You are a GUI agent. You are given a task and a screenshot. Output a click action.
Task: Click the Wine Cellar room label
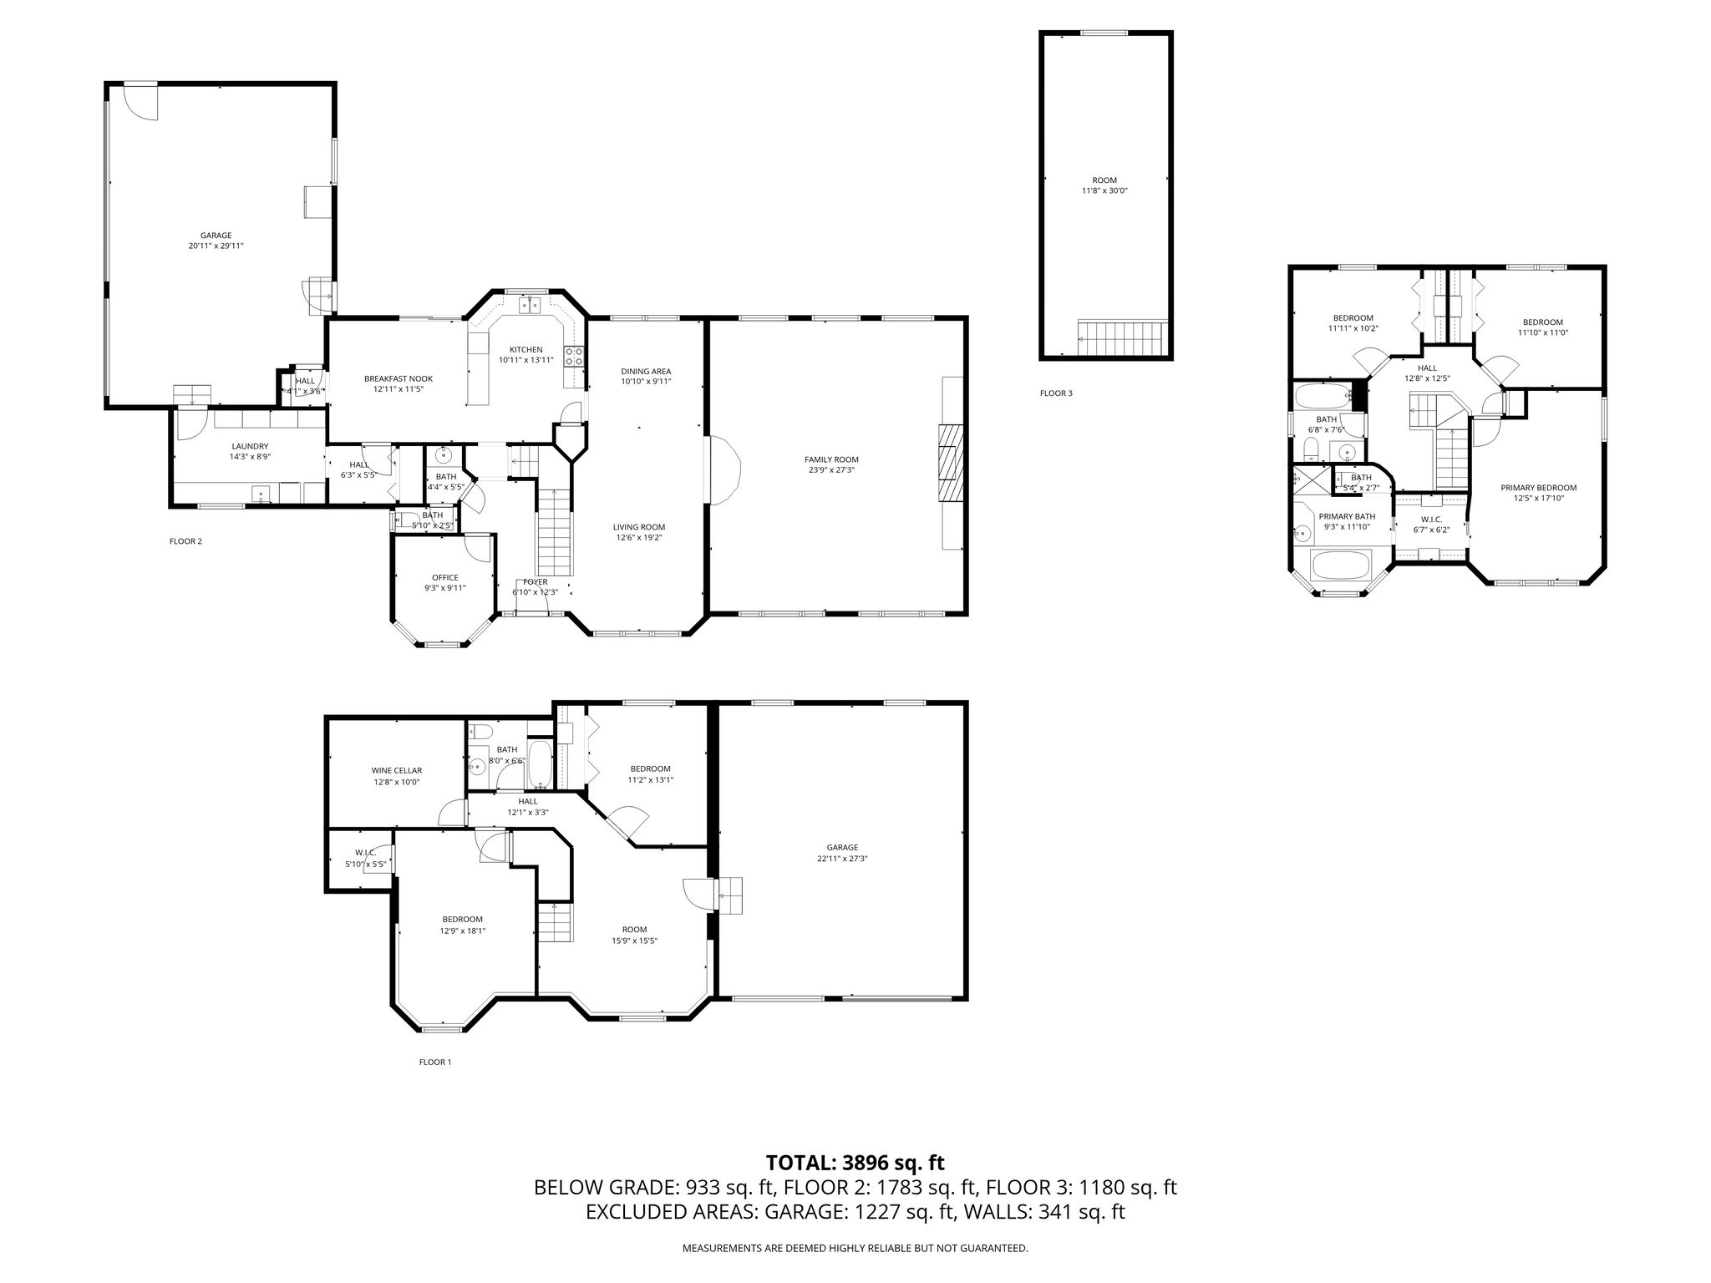click(396, 770)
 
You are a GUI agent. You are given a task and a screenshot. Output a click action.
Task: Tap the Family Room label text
click(830, 459)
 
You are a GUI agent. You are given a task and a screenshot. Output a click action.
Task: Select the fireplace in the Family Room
click(950, 462)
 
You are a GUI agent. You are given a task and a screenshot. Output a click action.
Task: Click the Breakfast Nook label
click(398, 378)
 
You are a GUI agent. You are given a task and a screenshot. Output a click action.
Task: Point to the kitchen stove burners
click(574, 357)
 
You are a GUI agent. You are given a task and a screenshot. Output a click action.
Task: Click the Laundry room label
click(250, 446)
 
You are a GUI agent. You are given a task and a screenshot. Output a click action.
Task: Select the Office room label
click(444, 577)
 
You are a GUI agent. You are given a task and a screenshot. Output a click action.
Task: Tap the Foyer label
click(535, 581)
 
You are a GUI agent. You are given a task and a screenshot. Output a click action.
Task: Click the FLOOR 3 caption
click(1056, 393)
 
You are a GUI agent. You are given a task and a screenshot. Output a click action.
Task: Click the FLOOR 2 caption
click(185, 541)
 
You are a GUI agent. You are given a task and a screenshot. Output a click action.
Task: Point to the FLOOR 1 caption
click(434, 1062)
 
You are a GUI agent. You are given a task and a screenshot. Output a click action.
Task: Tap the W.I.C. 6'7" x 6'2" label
click(1431, 519)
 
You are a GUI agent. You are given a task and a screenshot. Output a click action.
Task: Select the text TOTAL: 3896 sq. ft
click(855, 1162)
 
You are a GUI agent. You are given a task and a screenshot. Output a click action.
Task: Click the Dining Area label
click(645, 371)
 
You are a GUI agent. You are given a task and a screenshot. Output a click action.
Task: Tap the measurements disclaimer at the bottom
click(855, 1249)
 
